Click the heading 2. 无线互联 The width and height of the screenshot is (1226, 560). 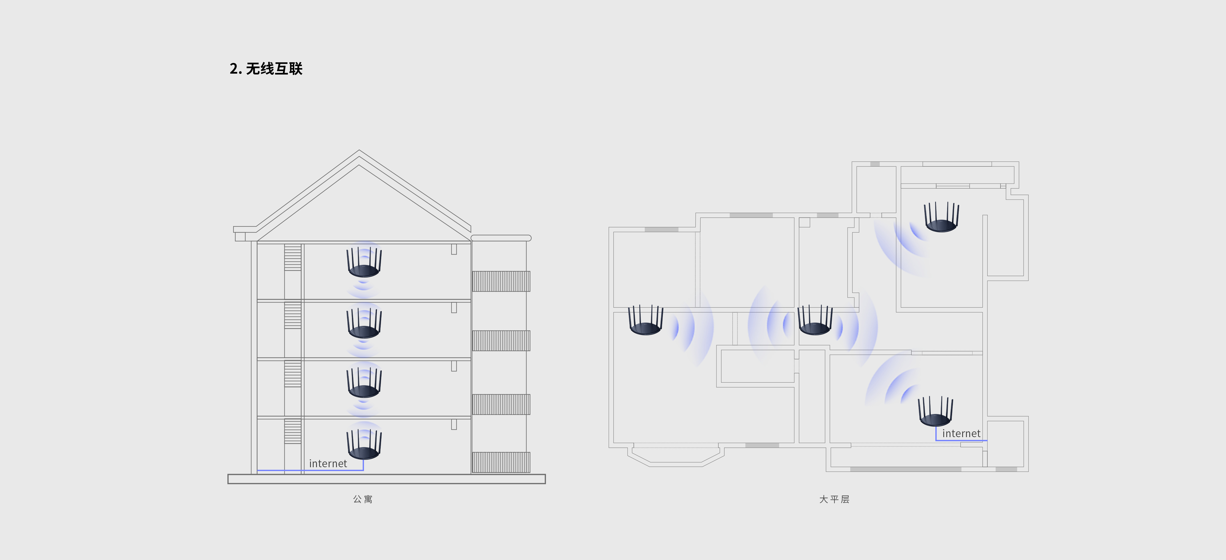(266, 69)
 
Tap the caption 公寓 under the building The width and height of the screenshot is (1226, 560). (363, 499)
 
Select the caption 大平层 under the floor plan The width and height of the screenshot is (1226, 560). (834, 499)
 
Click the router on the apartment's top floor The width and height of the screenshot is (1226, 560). (364, 262)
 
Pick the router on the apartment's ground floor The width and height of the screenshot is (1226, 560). (364, 444)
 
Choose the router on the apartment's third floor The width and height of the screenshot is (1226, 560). (364, 323)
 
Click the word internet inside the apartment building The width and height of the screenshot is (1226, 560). (328, 463)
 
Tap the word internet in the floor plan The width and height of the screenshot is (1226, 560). (961, 433)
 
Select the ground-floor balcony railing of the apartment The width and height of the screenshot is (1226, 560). (501, 462)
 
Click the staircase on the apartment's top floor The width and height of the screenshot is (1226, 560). (293, 258)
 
